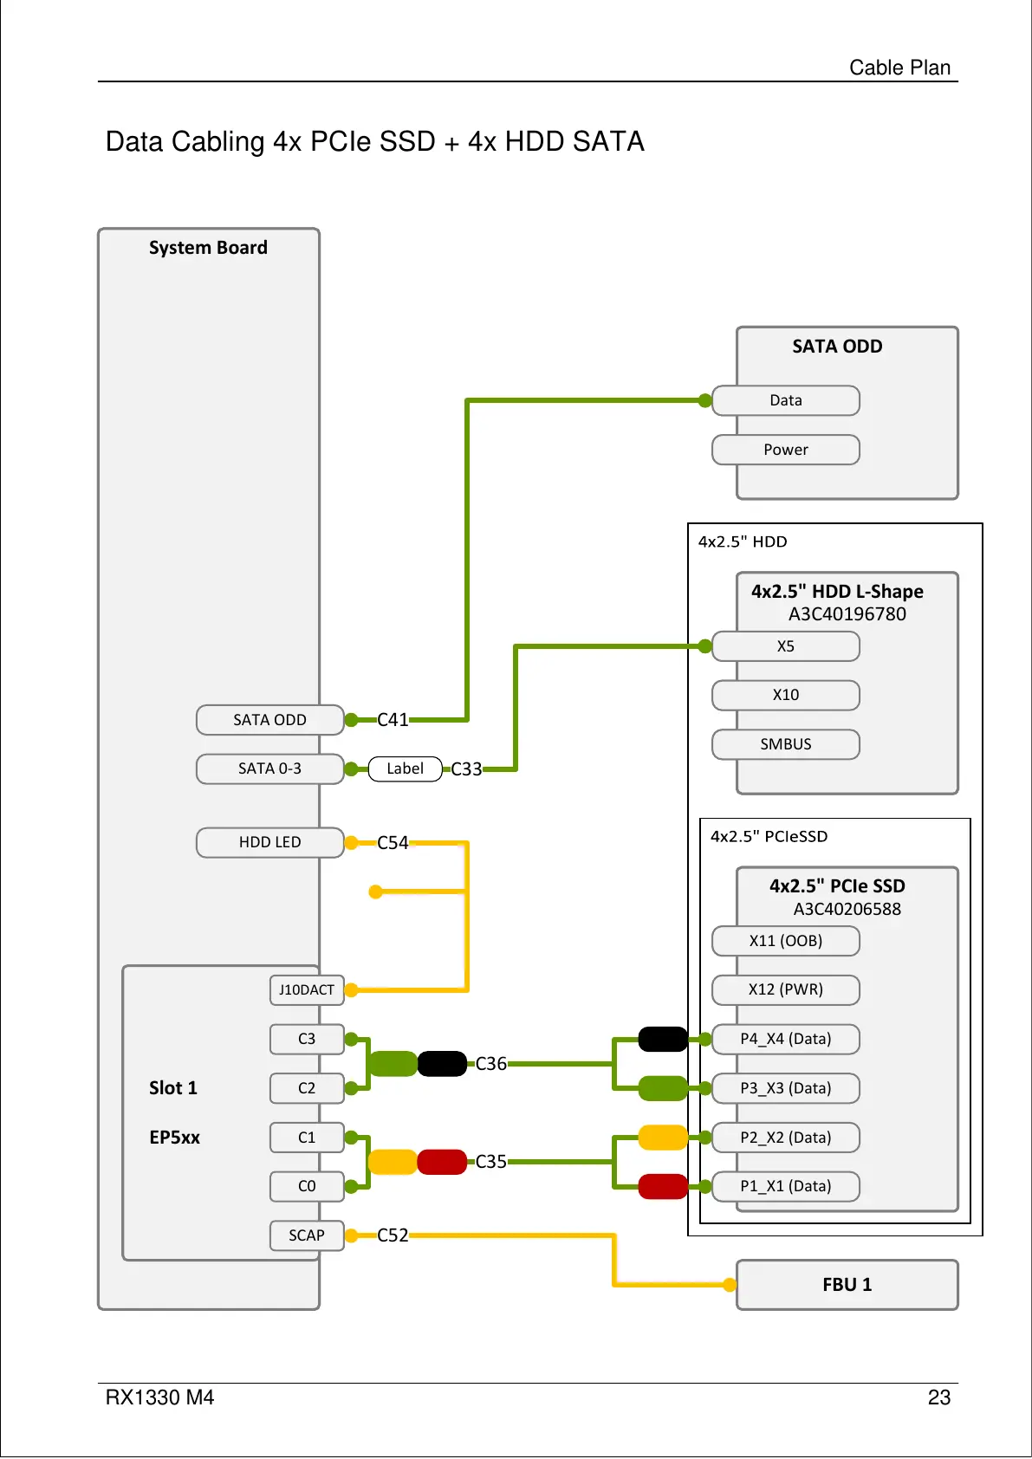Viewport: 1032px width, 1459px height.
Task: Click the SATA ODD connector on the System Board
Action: tap(269, 720)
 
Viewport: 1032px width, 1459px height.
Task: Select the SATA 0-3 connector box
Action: tap(269, 768)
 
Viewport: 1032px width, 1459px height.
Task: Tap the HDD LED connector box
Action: tap(269, 842)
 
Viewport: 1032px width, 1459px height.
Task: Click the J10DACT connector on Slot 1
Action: tap(307, 989)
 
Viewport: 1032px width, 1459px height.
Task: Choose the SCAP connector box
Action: tap(307, 1235)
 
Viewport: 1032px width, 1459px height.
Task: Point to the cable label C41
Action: tap(393, 720)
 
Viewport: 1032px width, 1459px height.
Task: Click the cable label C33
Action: tap(466, 769)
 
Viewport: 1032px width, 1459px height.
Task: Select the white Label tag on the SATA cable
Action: tap(405, 768)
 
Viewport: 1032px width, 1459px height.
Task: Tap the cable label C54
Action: tap(393, 843)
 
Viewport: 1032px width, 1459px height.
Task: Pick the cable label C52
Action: tap(393, 1235)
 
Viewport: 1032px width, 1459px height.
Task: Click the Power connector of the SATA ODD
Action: tap(785, 450)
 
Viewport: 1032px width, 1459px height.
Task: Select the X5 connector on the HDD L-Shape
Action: tap(785, 646)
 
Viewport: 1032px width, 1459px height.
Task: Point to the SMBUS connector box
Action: tap(785, 744)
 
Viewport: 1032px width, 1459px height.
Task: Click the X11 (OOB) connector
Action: tap(785, 941)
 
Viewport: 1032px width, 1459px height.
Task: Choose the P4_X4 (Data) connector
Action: tap(785, 1039)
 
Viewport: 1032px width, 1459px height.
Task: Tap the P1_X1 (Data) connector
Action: tap(785, 1186)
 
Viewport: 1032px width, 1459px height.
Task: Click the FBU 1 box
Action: tap(847, 1285)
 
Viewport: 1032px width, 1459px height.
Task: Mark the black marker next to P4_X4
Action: tap(663, 1039)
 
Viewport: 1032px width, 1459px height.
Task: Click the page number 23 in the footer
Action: tap(939, 1397)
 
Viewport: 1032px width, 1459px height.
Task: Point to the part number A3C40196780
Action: tap(847, 614)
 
